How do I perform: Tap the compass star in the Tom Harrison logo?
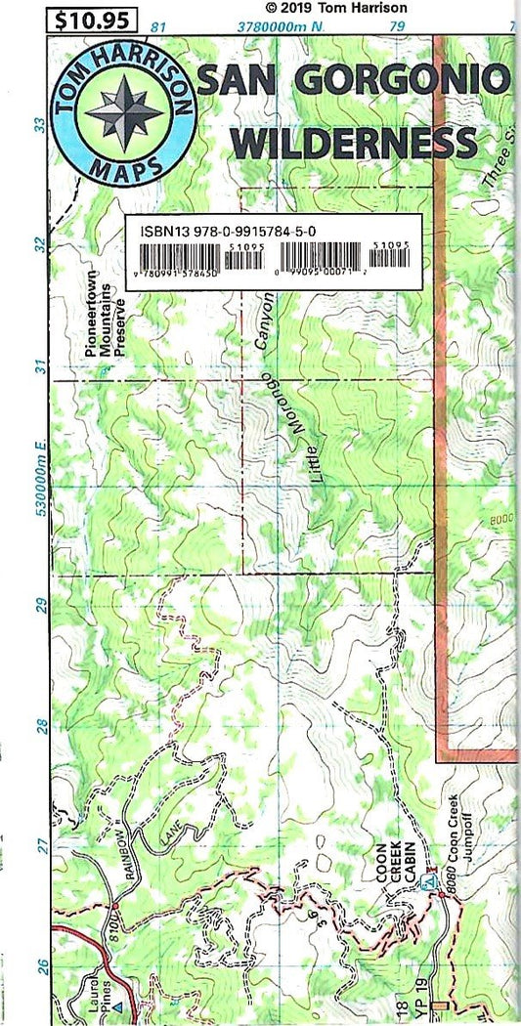pos(123,111)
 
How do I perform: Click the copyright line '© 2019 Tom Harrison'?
pos(336,8)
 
